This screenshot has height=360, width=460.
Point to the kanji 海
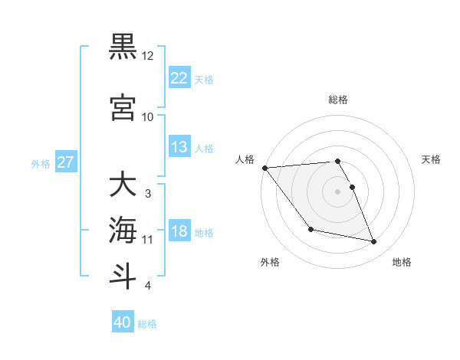(x=123, y=229)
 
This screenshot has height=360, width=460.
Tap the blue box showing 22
(x=179, y=78)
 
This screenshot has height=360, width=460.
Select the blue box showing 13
(x=179, y=147)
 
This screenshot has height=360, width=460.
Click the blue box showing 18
(x=179, y=231)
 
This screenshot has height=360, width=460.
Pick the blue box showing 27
(x=65, y=162)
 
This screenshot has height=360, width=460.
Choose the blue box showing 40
(x=123, y=322)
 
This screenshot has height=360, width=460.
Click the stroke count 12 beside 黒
(x=148, y=56)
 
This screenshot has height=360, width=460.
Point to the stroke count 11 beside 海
(x=148, y=240)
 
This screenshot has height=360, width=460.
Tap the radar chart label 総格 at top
(x=338, y=100)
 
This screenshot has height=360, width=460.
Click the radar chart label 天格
(x=432, y=159)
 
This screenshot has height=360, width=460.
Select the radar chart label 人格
(x=246, y=159)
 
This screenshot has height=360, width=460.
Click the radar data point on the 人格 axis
(x=264, y=168)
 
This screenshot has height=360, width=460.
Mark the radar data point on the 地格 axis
(x=374, y=242)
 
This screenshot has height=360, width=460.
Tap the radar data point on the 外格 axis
(x=310, y=229)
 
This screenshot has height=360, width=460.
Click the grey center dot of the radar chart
(x=338, y=191)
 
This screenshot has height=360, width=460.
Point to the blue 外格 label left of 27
(x=41, y=163)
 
